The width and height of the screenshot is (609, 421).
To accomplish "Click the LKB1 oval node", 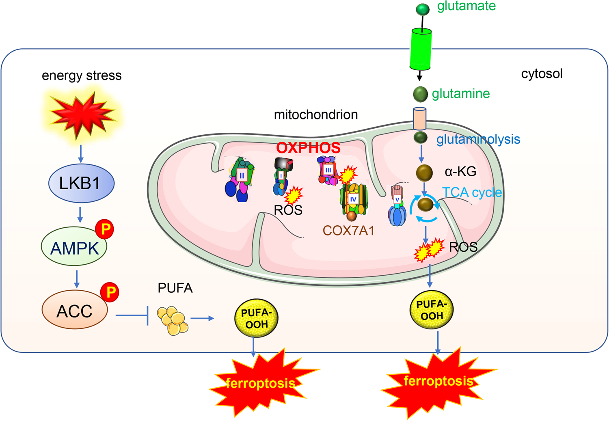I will point(81,183).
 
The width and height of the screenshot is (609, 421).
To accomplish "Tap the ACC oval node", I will point(75,311).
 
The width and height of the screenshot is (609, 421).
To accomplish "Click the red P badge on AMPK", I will point(105,229).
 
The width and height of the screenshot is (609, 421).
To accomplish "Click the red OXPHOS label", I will point(308,148).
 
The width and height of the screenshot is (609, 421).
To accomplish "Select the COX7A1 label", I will point(348,231).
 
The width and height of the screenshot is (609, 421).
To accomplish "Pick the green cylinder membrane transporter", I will point(420,49).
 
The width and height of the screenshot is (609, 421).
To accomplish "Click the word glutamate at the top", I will point(466,6).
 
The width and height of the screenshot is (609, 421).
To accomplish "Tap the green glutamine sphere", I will point(420,94).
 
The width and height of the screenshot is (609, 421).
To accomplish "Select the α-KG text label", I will point(460,172).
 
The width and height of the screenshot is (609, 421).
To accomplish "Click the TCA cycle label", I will point(472,192).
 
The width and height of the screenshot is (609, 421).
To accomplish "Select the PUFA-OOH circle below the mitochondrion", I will point(432,310).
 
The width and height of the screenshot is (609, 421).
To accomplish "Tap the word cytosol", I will point(542,74).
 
